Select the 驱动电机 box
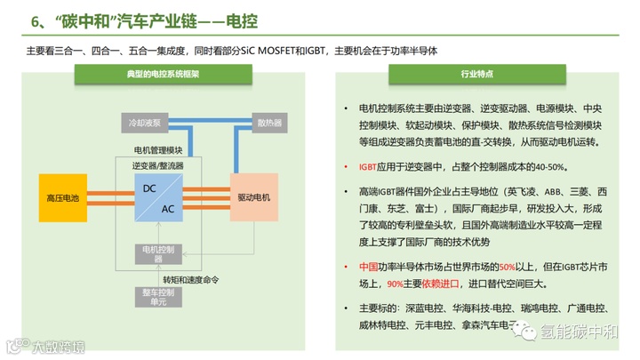(x=255, y=196)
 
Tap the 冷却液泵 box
(x=143, y=122)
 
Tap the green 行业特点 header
(x=477, y=76)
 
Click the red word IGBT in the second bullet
(x=368, y=166)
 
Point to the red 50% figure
(x=508, y=266)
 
